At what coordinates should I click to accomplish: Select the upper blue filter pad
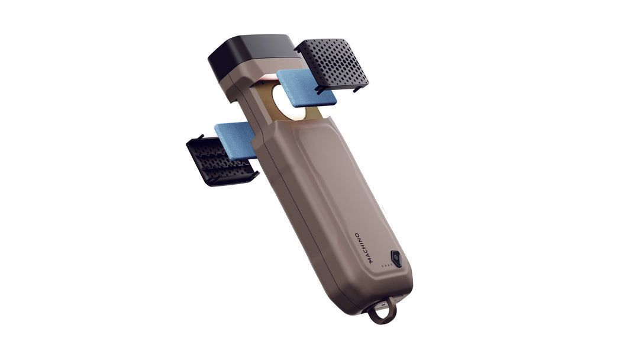306,88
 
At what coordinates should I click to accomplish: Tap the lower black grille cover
220,160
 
